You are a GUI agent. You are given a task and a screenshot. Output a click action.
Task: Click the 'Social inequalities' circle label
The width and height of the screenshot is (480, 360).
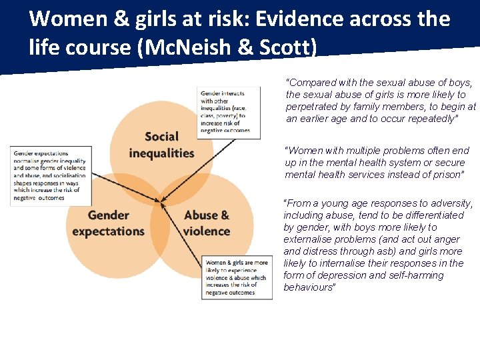(161, 145)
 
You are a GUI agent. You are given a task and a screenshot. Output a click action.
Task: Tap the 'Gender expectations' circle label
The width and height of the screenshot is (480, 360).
(108, 223)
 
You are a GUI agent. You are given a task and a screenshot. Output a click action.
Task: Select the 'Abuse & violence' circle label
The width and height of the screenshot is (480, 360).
(206, 223)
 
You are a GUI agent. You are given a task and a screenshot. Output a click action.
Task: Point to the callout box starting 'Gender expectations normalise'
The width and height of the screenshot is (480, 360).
(50, 175)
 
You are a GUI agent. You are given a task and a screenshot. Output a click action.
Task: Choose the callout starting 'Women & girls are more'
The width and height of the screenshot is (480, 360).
(237, 278)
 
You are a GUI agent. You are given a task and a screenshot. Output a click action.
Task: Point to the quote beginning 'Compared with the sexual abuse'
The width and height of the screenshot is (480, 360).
(381, 101)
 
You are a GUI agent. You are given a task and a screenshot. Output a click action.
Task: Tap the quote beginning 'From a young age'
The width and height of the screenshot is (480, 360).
(378, 245)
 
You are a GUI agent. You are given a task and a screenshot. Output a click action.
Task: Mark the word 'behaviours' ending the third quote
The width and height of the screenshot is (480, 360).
(308, 287)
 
